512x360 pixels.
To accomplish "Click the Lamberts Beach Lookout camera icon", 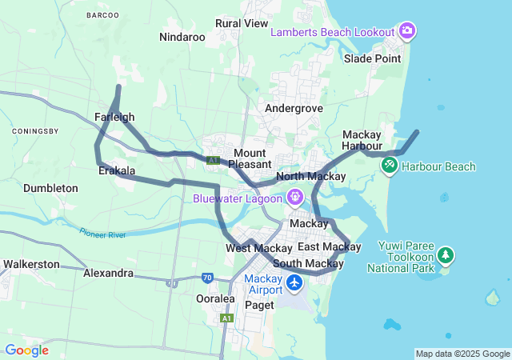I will coord(408,31).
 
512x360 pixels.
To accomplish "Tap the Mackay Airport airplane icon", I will coord(294,283).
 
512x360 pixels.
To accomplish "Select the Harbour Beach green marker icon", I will coord(390,166).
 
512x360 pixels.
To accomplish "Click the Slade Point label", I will coord(372,58).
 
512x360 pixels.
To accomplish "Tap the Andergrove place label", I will coord(294,108).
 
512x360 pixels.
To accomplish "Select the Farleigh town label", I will coord(114,117).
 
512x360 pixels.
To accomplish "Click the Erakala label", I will coord(116,171).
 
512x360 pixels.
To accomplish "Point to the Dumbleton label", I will coord(50,188).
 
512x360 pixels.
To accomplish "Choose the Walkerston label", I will coord(31,263).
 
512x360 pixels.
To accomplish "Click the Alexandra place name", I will coord(108,273).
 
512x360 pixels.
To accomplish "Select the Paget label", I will coord(259,305).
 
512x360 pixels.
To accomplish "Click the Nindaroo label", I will coord(182,37).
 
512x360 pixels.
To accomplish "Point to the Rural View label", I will coord(242,23).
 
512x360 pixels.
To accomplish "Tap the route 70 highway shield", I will coord(207,278).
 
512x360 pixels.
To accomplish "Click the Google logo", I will coord(26,350).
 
